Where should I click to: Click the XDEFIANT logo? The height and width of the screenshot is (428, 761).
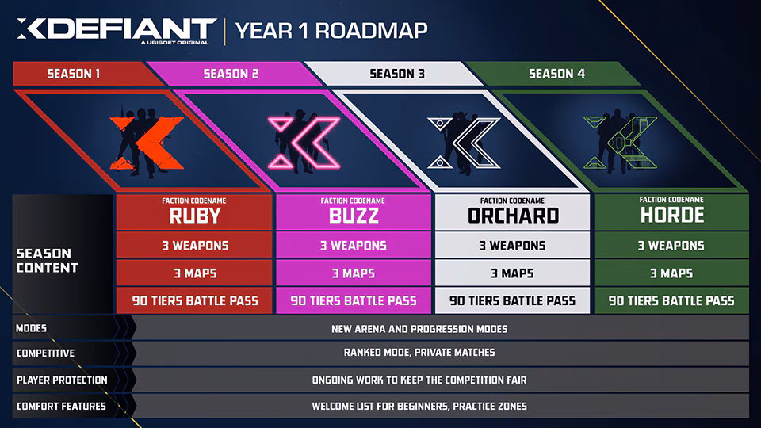(x=116, y=31)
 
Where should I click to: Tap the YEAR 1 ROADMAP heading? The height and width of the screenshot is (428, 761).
(x=331, y=31)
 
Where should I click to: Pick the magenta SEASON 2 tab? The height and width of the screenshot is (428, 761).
(x=231, y=74)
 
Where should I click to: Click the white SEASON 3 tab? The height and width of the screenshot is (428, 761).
(x=397, y=74)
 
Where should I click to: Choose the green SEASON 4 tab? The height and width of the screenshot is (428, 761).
(x=556, y=74)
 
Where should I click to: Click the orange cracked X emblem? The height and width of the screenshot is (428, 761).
(x=147, y=143)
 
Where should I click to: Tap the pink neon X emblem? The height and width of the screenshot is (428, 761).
(x=304, y=143)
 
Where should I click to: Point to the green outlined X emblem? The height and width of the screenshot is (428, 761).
(x=620, y=142)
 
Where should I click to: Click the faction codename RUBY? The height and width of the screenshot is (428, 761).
(x=195, y=216)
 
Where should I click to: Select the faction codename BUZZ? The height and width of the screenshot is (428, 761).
(x=354, y=216)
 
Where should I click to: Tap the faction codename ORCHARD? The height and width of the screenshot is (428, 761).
(x=513, y=216)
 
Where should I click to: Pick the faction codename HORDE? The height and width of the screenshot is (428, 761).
(x=671, y=215)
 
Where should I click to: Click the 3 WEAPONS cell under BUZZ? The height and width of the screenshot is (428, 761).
(x=354, y=246)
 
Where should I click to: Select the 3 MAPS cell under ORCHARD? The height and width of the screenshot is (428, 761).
(x=513, y=273)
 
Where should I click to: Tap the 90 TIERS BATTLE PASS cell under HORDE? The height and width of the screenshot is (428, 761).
(x=671, y=301)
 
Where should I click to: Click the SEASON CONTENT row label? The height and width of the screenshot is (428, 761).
(x=47, y=261)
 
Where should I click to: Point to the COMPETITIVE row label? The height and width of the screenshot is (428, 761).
(x=46, y=353)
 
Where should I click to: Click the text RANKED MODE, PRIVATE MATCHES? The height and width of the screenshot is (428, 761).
(x=419, y=352)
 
